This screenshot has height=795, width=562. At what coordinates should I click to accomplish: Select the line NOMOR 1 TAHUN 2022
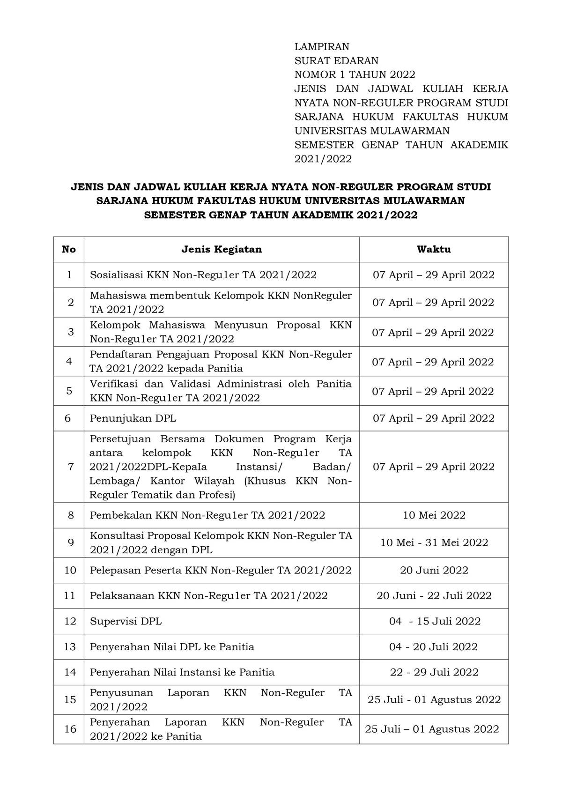[x=355, y=74]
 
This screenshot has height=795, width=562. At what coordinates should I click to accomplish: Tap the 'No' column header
[x=69, y=249]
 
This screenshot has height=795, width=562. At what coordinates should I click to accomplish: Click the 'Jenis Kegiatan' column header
[x=222, y=249]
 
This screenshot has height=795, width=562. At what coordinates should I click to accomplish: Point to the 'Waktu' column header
[x=434, y=249]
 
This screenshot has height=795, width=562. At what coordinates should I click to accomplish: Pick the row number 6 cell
[x=68, y=418]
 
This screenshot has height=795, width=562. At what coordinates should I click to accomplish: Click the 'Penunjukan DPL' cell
[x=133, y=418]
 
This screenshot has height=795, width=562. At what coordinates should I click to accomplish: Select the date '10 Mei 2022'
[x=434, y=515]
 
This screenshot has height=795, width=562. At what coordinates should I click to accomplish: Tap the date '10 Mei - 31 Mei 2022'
[x=434, y=542]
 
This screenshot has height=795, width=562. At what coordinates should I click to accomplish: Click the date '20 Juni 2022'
[x=434, y=570]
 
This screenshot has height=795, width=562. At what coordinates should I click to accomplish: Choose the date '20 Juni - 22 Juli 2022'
[x=434, y=595]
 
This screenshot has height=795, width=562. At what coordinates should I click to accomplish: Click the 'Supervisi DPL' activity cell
[x=126, y=621]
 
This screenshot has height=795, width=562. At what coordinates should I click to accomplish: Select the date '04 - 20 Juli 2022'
[x=433, y=647]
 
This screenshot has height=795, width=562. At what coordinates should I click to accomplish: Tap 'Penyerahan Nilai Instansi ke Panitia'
[x=182, y=672]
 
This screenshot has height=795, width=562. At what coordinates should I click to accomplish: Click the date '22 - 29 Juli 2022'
[x=434, y=672]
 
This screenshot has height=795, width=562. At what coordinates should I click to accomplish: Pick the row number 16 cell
[x=70, y=729]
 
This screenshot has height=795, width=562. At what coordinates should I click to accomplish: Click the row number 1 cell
[x=69, y=275]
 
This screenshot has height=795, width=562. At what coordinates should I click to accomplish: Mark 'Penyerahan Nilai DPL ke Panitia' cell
[x=172, y=647]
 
